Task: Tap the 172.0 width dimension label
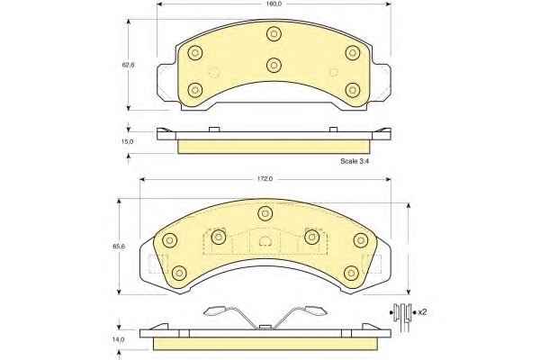pyautogui.click(x=265, y=179)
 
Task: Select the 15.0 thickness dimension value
pyautogui.click(x=128, y=141)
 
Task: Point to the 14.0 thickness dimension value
pyautogui.click(x=119, y=339)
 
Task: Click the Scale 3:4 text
pyautogui.click(x=355, y=161)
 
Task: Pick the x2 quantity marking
pyautogui.click(x=422, y=312)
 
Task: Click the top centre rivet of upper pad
pyautogui.click(x=274, y=34)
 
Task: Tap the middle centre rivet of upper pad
pyautogui.click(x=274, y=65)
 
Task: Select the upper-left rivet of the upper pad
pyautogui.click(x=195, y=53)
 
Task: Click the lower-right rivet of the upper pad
pyautogui.click(x=352, y=90)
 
